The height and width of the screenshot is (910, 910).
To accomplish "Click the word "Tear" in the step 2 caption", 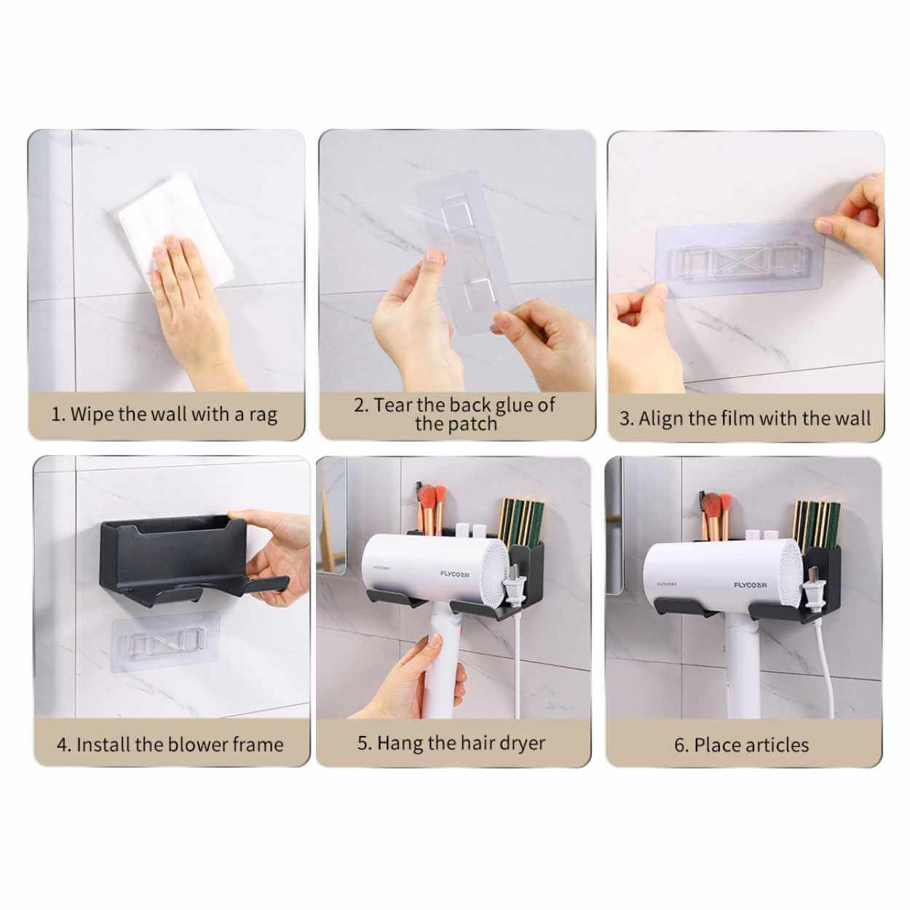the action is [x=393, y=405].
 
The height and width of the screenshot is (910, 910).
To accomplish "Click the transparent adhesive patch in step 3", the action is [x=739, y=258].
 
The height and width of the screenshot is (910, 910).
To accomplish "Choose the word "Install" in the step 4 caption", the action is [x=103, y=745].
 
